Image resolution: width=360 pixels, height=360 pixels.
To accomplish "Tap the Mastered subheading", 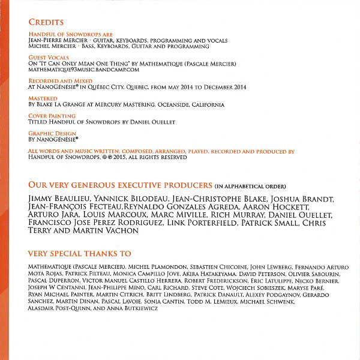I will tap(43, 98).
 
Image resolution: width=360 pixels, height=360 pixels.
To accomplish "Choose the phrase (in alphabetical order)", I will tap(251, 185).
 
